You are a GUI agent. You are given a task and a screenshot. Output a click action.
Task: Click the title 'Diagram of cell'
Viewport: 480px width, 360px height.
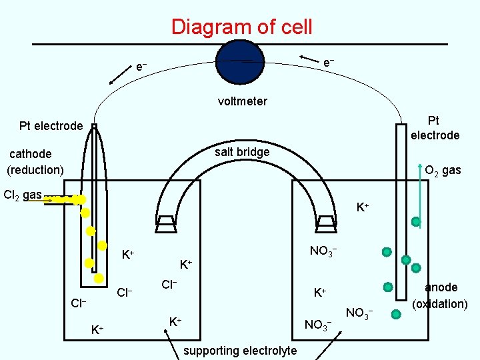point(241,27)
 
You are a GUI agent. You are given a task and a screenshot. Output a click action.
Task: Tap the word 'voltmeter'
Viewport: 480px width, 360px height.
point(242,101)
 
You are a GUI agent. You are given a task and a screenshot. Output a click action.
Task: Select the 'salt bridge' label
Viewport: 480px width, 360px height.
point(242,152)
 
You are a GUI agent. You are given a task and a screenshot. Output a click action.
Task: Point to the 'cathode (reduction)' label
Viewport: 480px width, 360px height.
point(35,162)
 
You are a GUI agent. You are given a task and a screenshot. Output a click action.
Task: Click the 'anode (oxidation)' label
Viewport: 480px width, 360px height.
point(441,295)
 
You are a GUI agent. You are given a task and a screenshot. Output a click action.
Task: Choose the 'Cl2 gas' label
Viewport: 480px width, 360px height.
point(23,195)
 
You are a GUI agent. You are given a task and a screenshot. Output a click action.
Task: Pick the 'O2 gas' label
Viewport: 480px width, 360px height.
point(443,170)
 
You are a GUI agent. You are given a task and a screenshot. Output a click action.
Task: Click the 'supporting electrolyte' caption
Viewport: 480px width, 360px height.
point(239,350)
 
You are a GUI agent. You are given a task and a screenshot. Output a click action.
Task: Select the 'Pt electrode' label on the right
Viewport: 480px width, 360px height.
point(435,128)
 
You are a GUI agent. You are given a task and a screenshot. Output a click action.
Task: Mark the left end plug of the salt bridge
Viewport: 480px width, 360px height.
point(165,222)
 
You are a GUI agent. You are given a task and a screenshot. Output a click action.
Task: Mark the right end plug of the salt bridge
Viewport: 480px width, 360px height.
point(326,222)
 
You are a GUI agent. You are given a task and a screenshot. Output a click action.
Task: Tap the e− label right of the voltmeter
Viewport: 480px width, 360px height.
point(328,62)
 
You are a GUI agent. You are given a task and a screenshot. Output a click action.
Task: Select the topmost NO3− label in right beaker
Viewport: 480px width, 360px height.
point(323,251)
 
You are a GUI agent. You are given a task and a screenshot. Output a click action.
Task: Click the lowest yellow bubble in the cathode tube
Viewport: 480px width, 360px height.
point(98,277)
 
